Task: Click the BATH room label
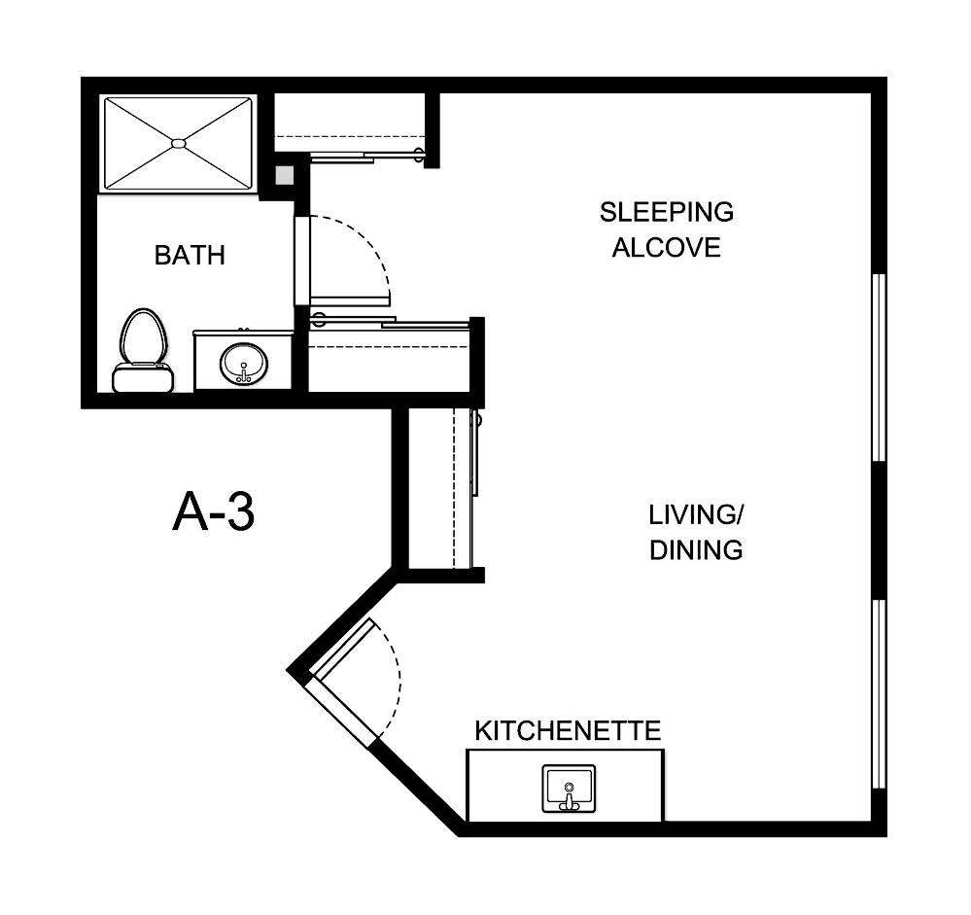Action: pyautogui.click(x=190, y=256)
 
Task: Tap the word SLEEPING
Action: pyautogui.click(x=666, y=212)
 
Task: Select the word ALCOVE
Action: pyautogui.click(x=666, y=248)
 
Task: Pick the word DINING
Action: pyautogui.click(x=696, y=550)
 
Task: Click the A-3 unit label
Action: pyautogui.click(x=214, y=512)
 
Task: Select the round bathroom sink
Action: pyautogui.click(x=242, y=365)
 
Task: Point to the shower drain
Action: pyautogui.click(x=178, y=143)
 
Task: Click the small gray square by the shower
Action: pyautogui.click(x=284, y=175)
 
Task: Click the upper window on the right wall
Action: pyautogui.click(x=879, y=367)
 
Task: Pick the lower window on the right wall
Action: pyautogui.click(x=879, y=693)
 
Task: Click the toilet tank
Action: pyautogui.click(x=142, y=377)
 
